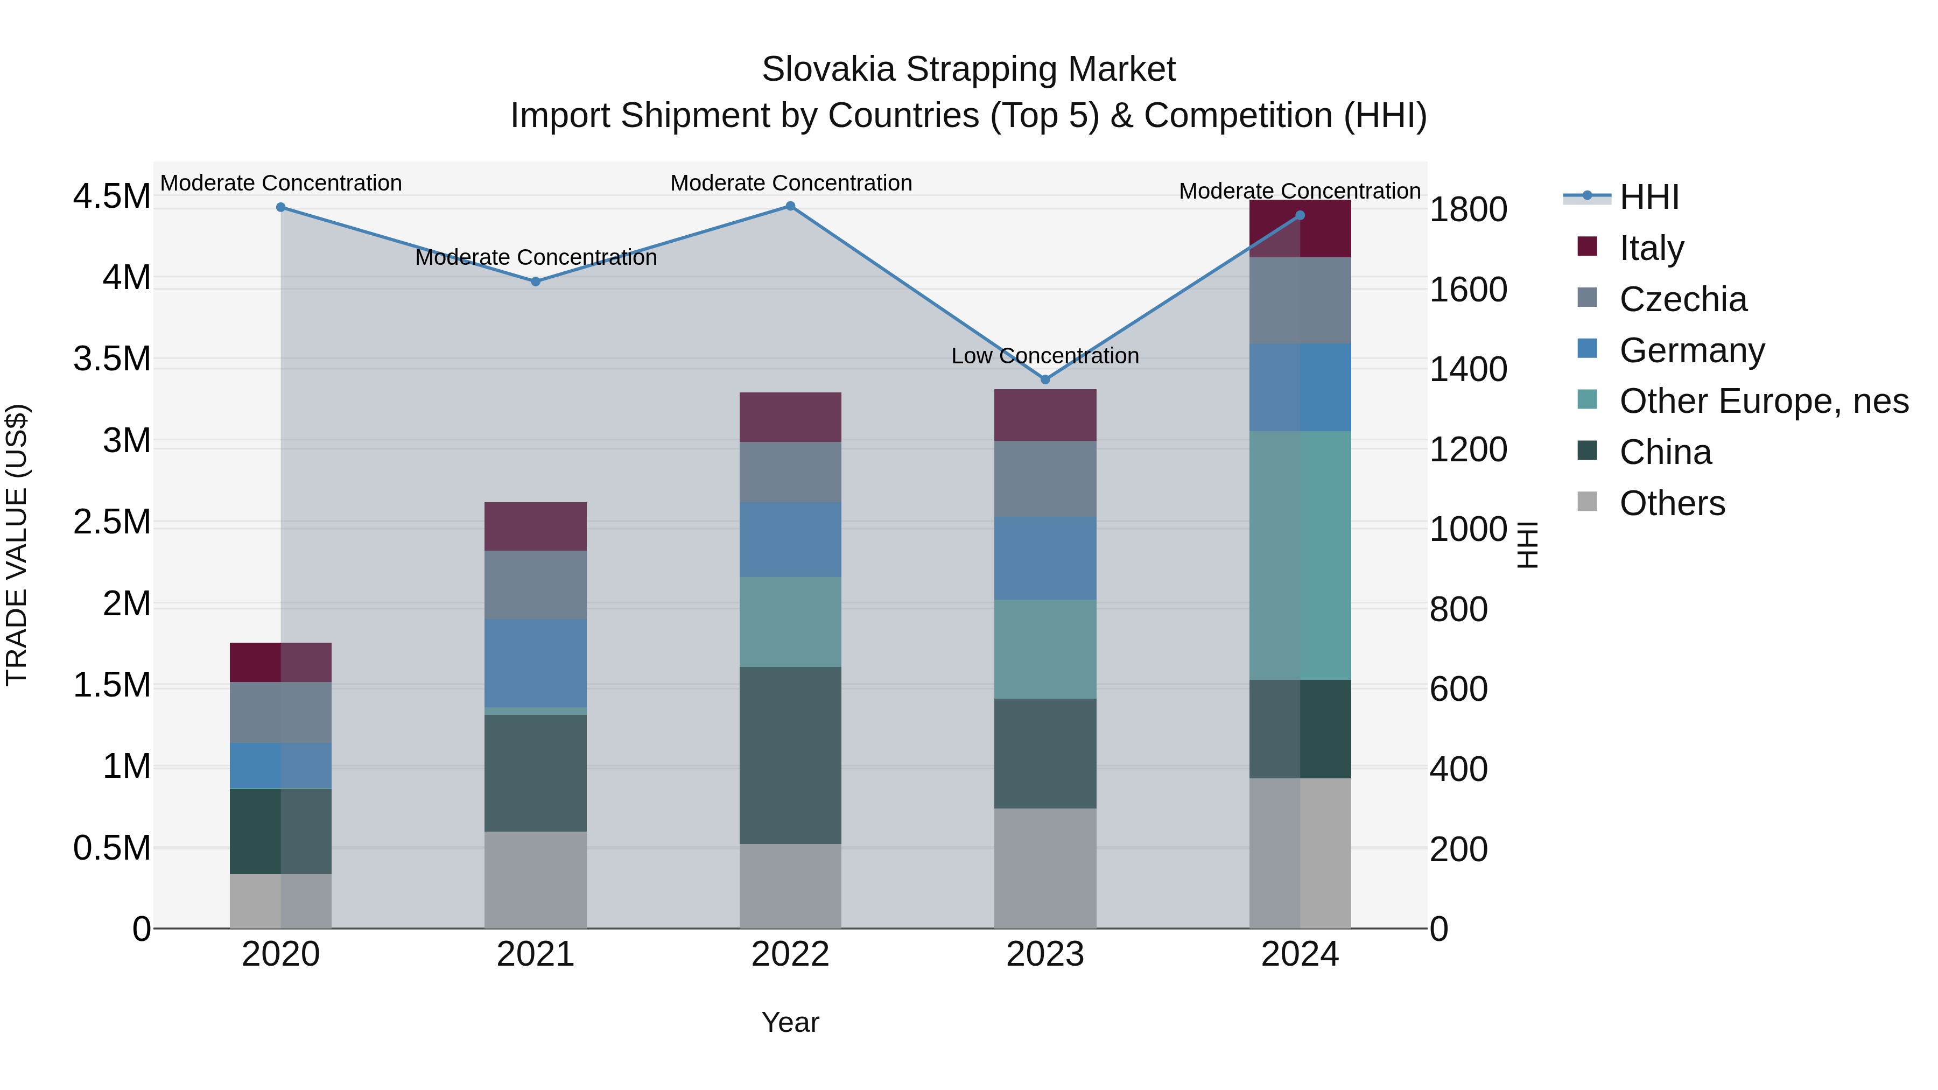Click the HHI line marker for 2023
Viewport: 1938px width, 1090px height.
1045,380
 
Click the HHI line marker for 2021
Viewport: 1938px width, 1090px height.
536,282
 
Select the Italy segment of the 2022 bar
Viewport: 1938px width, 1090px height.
790,417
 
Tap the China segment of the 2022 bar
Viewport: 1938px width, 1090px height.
790,755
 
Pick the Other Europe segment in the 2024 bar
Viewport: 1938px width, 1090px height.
1300,555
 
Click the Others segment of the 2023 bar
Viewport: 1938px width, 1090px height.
1045,868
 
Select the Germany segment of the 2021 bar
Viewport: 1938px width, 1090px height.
536,663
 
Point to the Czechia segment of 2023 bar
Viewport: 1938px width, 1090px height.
1045,479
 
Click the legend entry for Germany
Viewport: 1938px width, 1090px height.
1691,350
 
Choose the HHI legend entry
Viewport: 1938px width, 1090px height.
1648,197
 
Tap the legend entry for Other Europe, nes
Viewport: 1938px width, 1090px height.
1764,401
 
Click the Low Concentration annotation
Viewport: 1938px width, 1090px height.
1045,356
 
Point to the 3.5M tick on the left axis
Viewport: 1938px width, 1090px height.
111,359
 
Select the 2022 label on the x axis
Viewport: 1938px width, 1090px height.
790,954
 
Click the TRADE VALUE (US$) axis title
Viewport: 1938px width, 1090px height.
17,545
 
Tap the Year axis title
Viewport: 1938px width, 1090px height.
790,1022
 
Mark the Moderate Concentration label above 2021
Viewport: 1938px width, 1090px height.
536,257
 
